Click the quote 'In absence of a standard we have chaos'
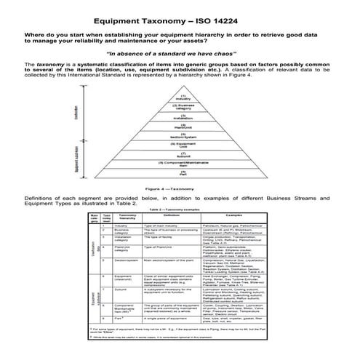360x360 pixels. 180,55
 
